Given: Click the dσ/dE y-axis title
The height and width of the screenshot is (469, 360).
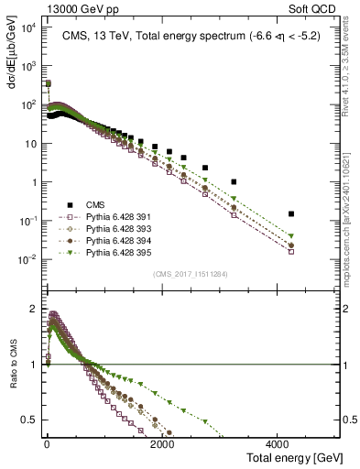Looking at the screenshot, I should (13, 49).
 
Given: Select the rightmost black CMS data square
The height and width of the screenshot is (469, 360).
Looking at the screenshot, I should (291, 213).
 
